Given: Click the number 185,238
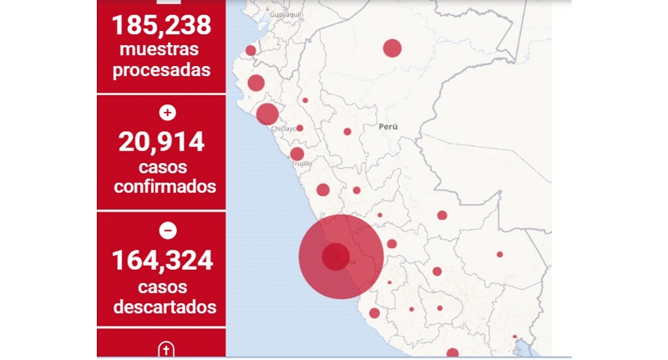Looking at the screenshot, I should pyautogui.click(x=161, y=24).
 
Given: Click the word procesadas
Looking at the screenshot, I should pyautogui.click(x=161, y=70).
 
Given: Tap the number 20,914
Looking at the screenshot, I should pyautogui.click(x=161, y=142).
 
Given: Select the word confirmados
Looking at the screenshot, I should pyautogui.click(x=164, y=186).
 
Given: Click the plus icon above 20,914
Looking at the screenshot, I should pyautogui.click(x=167, y=112).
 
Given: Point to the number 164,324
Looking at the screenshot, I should pyautogui.click(x=161, y=261).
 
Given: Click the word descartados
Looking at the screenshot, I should pyautogui.click(x=164, y=307).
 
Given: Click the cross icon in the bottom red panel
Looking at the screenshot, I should pyautogui.click(x=166, y=349).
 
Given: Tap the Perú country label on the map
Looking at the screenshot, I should pyautogui.click(x=387, y=127).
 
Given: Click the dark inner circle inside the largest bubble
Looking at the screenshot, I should pyautogui.click(x=336, y=256).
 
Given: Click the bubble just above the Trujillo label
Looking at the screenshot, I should pyautogui.click(x=297, y=154).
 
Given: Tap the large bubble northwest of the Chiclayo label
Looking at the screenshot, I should pyautogui.click(x=267, y=114).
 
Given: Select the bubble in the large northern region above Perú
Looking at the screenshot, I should pyautogui.click(x=392, y=48).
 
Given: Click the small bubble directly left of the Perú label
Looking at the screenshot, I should pyautogui.click(x=347, y=131).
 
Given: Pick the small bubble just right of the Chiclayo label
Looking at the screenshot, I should pyautogui.click(x=300, y=128).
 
